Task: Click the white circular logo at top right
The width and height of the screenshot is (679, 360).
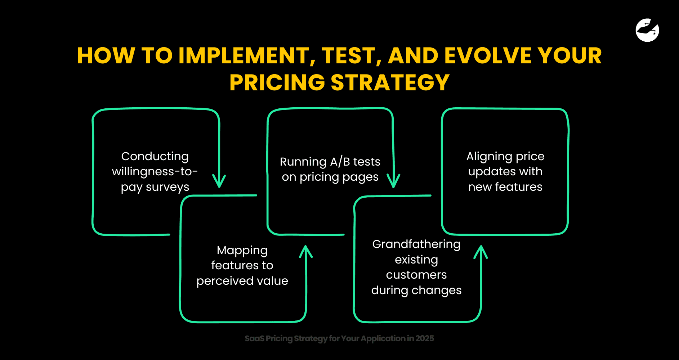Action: [647, 30]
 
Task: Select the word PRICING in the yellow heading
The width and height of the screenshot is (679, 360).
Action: [277, 82]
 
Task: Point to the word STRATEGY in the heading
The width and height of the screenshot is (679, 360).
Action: [390, 82]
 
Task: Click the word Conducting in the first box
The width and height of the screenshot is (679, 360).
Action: [155, 156]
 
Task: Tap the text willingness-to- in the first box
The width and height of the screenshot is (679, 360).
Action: [155, 171]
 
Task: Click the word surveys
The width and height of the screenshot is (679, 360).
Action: [167, 187]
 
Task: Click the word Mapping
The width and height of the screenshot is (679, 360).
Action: [242, 250]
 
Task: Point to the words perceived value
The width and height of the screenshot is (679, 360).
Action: [242, 281]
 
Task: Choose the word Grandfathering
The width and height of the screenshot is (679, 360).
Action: [416, 244]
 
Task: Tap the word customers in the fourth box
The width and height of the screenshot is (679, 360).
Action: [416, 275]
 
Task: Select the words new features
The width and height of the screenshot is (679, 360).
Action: [505, 187]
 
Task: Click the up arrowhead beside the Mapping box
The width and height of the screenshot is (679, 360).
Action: [306, 251]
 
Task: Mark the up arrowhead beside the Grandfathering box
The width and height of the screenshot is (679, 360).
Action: [481, 252]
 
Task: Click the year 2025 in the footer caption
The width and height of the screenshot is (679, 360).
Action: [424, 338]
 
